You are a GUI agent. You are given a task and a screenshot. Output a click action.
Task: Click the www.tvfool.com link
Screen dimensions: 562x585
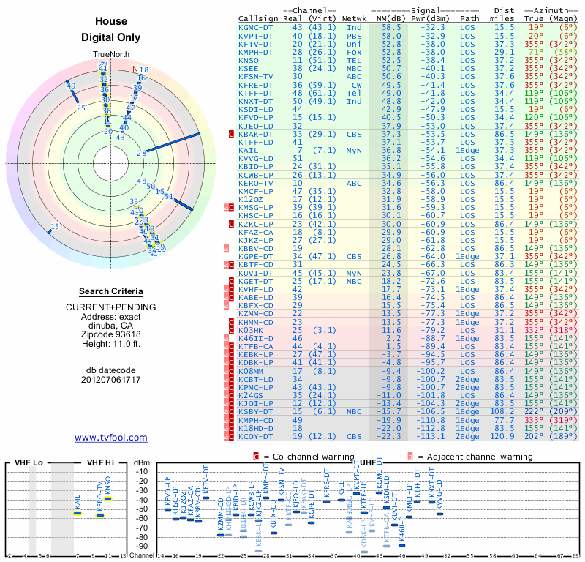(x=111, y=438)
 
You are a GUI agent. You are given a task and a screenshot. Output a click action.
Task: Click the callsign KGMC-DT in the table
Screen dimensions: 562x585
(x=257, y=27)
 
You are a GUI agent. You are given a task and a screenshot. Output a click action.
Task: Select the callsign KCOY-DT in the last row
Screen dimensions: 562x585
(x=257, y=437)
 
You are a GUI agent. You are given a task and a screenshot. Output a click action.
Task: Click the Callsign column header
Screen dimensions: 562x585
(x=258, y=18)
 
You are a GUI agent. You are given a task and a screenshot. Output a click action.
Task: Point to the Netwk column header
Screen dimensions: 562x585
(x=355, y=18)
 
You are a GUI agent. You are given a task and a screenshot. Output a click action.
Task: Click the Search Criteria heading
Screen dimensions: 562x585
(x=111, y=291)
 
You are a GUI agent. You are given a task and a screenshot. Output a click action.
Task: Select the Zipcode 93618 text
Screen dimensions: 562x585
(x=111, y=333)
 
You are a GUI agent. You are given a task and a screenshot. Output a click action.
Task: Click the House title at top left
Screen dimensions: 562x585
(x=111, y=23)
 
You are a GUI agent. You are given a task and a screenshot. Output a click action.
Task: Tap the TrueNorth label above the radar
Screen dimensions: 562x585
(x=111, y=55)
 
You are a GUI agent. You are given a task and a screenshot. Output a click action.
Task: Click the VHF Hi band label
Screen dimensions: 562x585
(x=99, y=462)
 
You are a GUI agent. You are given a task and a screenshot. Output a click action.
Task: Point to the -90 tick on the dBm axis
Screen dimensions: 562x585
(x=143, y=546)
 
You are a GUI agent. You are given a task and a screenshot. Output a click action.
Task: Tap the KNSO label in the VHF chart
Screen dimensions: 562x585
(x=108, y=487)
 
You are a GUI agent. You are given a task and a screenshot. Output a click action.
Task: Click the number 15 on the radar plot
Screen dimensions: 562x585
(x=55, y=227)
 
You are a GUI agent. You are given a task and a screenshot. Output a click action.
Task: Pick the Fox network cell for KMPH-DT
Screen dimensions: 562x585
(x=354, y=52)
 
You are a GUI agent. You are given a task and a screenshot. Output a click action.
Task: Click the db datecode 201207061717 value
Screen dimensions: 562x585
(x=111, y=380)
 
